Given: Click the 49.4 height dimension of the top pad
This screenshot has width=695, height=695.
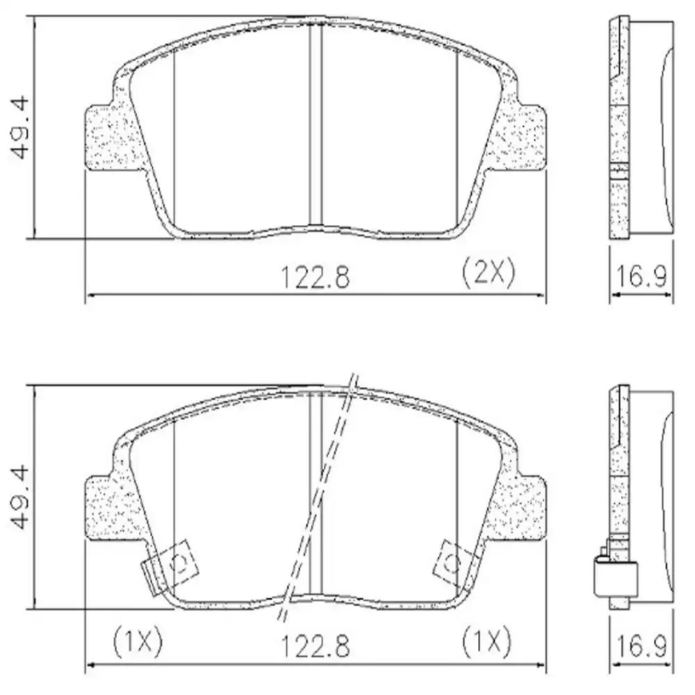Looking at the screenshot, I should (22, 129).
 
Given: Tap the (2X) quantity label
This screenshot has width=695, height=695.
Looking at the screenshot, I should (489, 275).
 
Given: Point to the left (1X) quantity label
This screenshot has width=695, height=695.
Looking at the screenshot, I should (137, 643).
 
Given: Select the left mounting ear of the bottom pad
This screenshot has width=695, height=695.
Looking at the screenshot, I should (104, 507).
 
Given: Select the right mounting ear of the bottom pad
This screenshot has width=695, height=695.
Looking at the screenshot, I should (525, 507).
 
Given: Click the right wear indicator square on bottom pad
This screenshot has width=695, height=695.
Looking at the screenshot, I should (452, 559).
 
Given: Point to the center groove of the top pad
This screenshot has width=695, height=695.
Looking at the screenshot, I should (316, 125).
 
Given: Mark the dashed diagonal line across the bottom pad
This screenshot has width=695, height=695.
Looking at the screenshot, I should (320, 497).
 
